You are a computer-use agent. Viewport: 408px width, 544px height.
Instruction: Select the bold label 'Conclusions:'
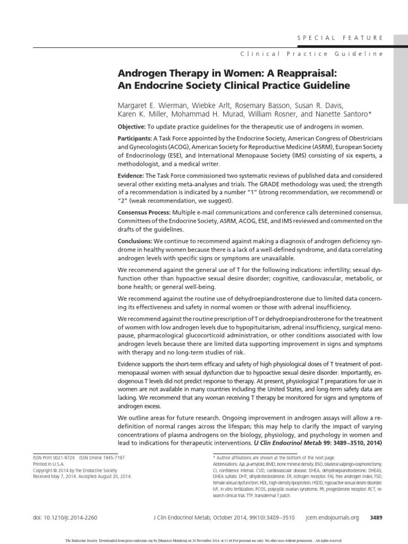(135, 241)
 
